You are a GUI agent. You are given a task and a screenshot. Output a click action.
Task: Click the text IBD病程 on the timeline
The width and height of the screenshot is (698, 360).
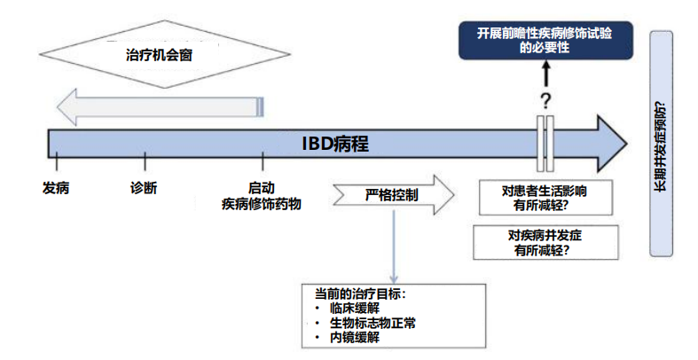tap(335, 144)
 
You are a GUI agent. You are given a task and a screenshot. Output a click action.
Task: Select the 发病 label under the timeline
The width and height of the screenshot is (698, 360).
tap(56, 187)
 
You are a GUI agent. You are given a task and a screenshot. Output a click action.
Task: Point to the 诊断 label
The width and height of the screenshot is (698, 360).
tap(144, 187)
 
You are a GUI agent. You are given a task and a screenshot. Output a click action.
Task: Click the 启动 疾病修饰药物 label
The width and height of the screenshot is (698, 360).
tap(262, 195)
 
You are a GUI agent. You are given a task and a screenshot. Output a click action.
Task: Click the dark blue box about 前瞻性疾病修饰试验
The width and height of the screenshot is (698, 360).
tap(544, 41)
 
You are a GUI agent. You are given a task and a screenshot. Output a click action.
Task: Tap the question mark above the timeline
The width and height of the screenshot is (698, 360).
tap(545, 99)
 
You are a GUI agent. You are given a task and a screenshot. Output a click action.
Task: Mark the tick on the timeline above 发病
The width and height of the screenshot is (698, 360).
tap(56, 162)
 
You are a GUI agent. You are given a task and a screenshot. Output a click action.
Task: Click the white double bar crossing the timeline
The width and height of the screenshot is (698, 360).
tap(545, 142)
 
